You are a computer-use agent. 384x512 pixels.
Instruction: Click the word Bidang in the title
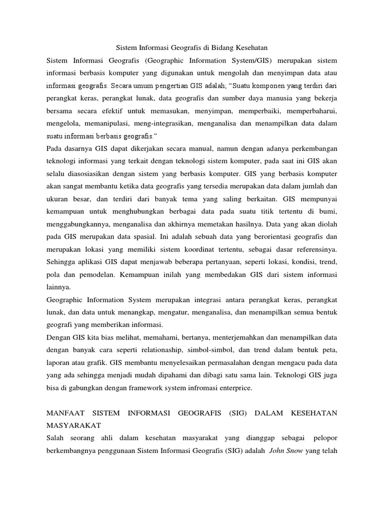click(x=216, y=48)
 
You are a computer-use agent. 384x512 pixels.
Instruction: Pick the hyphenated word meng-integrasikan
click(x=164, y=122)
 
